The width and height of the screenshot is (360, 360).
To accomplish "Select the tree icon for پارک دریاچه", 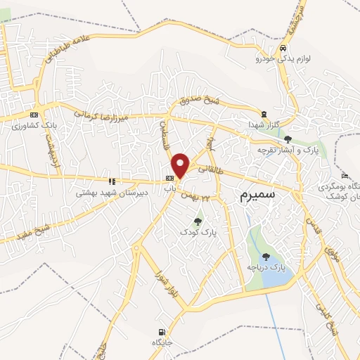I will coord(266,257).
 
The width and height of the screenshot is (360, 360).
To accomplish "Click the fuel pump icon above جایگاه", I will coord(162,331).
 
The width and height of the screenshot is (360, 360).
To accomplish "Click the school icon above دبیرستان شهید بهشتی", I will coord(109,180).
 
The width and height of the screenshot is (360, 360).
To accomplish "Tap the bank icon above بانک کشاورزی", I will coord(34,115).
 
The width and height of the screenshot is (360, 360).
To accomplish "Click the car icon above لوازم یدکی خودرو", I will coord(282,48).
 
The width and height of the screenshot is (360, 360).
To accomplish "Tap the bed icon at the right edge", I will coord(343,176).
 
